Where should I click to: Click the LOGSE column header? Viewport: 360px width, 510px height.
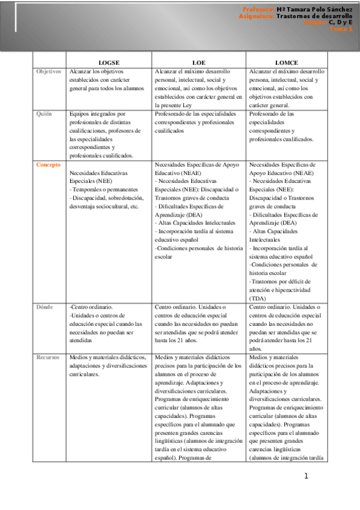point(109,63)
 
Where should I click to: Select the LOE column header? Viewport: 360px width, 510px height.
point(198,63)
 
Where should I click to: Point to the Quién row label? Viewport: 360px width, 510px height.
point(44,113)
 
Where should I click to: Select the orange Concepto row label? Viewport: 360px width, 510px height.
point(48,164)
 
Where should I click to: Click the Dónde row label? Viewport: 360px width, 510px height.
point(46,307)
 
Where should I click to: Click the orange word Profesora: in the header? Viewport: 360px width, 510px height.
point(259,10)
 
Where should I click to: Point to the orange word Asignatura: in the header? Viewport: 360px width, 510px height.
point(257,16)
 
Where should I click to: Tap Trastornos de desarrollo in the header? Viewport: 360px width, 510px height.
point(314,16)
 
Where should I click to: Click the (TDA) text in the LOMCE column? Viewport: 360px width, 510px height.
point(258,298)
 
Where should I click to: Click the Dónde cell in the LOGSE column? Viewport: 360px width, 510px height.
point(109,324)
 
